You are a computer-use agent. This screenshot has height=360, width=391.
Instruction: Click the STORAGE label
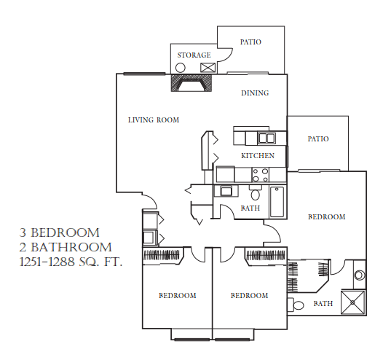pyautogui.click(x=194, y=55)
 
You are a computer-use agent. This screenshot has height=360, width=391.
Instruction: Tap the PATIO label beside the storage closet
pyautogui.click(x=250, y=42)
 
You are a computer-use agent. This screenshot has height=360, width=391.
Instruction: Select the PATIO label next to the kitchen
pyautogui.click(x=318, y=138)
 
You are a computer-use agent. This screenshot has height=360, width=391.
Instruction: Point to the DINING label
pyautogui.click(x=255, y=93)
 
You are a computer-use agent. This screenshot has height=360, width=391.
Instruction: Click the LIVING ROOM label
pyautogui.click(x=153, y=120)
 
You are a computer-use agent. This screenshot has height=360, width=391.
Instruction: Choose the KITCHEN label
pyautogui.click(x=258, y=156)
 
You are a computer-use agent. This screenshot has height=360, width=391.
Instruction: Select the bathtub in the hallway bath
pyautogui.click(x=278, y=202)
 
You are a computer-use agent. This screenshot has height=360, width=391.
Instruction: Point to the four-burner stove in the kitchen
pyautogui.click(x=261, y=174)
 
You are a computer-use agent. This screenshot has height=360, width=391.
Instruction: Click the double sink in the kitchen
pyautogui.click(x=266, y=138)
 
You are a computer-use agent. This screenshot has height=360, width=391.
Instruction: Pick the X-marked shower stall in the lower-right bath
pyautogui.click(x=355, y=302)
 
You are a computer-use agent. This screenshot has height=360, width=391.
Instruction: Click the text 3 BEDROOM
pyautogui.click(x=59, y=233)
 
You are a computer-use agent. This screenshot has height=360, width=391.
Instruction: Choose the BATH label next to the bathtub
pyautogui.click(x=250, y=208)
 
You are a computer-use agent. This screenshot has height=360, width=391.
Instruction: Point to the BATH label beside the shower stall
pyautogui.click(x=323, y=304)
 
